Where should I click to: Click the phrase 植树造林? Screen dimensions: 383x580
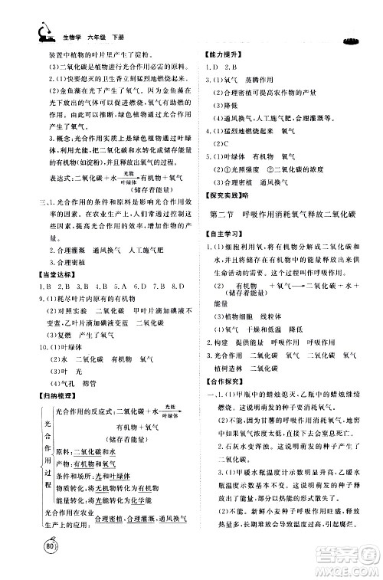click(x=223, y=368)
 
